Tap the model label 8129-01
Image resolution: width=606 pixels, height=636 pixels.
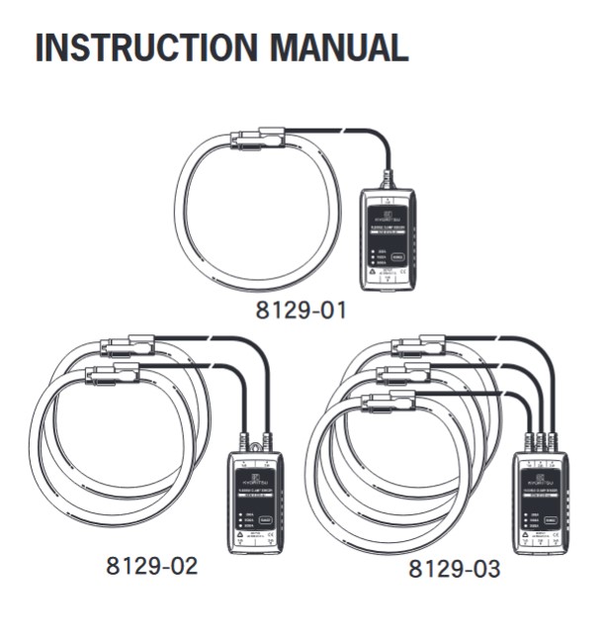point(301,311)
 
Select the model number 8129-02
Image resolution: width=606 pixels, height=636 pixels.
point(152,567)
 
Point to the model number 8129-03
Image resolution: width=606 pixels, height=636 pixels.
point(455,570)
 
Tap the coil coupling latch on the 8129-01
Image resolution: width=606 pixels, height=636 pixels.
point(258,137)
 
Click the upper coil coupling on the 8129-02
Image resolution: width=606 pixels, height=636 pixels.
point(128,347)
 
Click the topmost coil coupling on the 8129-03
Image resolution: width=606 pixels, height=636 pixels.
point(419,345)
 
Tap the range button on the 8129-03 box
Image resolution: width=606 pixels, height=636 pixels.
point(548,518)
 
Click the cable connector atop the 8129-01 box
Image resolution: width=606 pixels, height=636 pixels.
point(388,180)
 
